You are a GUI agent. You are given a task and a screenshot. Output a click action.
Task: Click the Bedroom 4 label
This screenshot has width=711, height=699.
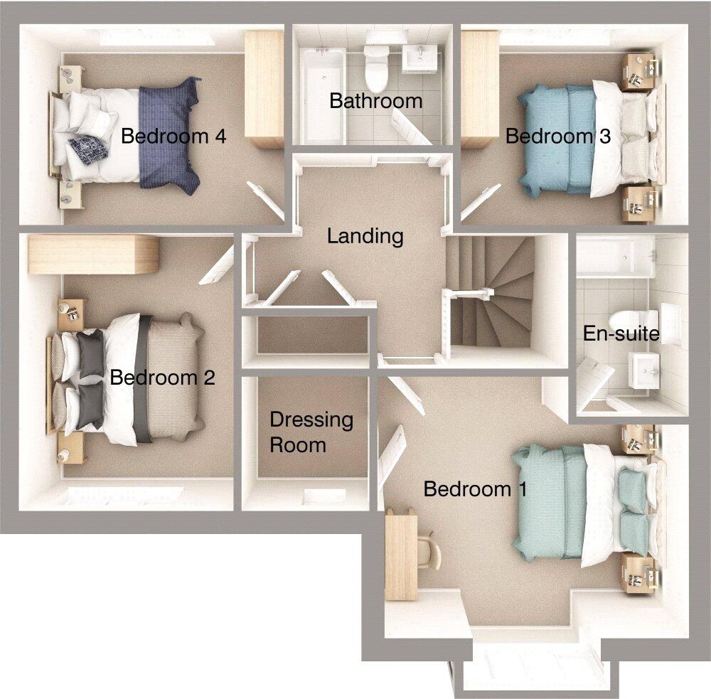click(x=173, y=136)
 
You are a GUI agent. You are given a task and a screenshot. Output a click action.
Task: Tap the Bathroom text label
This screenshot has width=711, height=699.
click(x=375, y=100)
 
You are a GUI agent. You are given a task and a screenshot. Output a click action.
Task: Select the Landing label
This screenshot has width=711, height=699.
click(x=365, y=235)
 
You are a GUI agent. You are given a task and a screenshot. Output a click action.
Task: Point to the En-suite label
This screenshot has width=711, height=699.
click(x=621, y=333)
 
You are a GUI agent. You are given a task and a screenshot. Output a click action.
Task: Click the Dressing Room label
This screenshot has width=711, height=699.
click(x=311, y=432)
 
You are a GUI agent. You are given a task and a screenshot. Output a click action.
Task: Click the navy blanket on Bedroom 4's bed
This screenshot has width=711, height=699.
click(x=168, y=135)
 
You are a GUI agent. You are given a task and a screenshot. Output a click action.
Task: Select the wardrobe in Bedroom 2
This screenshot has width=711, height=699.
click(x=92, y=255)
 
